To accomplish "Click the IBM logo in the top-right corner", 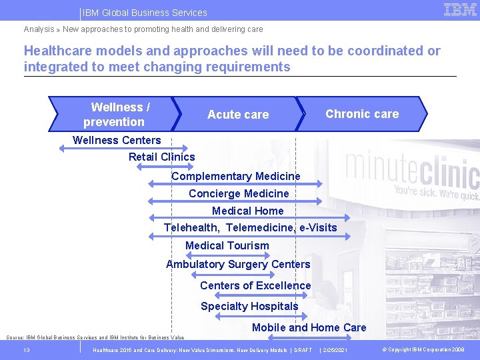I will (460, 10).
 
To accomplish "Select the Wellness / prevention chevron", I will (113, 114).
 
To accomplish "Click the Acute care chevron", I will (238, 115).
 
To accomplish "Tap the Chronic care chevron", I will (362, 114).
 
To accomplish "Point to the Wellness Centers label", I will (117, 140).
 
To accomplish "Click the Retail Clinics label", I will (162, 157).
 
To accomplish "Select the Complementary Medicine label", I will (236, 176).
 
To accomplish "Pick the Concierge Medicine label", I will (239, 193).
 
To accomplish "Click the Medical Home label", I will (247, 211).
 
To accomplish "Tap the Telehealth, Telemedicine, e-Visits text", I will (251, 227).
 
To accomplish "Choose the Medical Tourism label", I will (227, 245).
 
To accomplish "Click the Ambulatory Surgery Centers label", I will (238, 264).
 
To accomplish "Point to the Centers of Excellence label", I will (255, 285).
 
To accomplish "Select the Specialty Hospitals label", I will (249, 306).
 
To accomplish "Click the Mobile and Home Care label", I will (309, 327).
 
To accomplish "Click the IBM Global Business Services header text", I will (145, 13).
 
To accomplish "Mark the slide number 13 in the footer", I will (27, 350).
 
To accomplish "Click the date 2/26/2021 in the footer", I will (333, 350).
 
